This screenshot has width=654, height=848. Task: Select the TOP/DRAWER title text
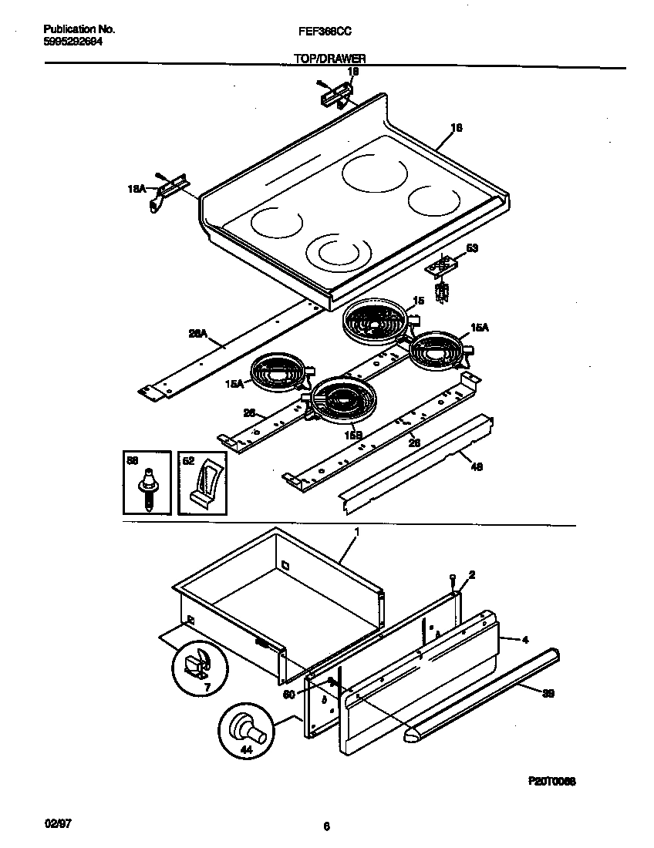329,59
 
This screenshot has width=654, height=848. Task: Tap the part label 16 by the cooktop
456,129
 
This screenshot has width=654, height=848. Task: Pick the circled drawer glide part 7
200,665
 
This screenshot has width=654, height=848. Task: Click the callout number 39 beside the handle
548,694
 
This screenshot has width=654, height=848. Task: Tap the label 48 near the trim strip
476,466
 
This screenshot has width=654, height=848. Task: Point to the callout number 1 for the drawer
356,532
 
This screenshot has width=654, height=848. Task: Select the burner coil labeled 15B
339,402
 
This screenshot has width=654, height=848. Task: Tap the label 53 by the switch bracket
473,248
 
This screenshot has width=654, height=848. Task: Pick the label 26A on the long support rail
198,334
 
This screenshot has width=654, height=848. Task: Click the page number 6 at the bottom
326,826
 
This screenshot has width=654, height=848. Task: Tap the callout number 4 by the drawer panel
524,639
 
